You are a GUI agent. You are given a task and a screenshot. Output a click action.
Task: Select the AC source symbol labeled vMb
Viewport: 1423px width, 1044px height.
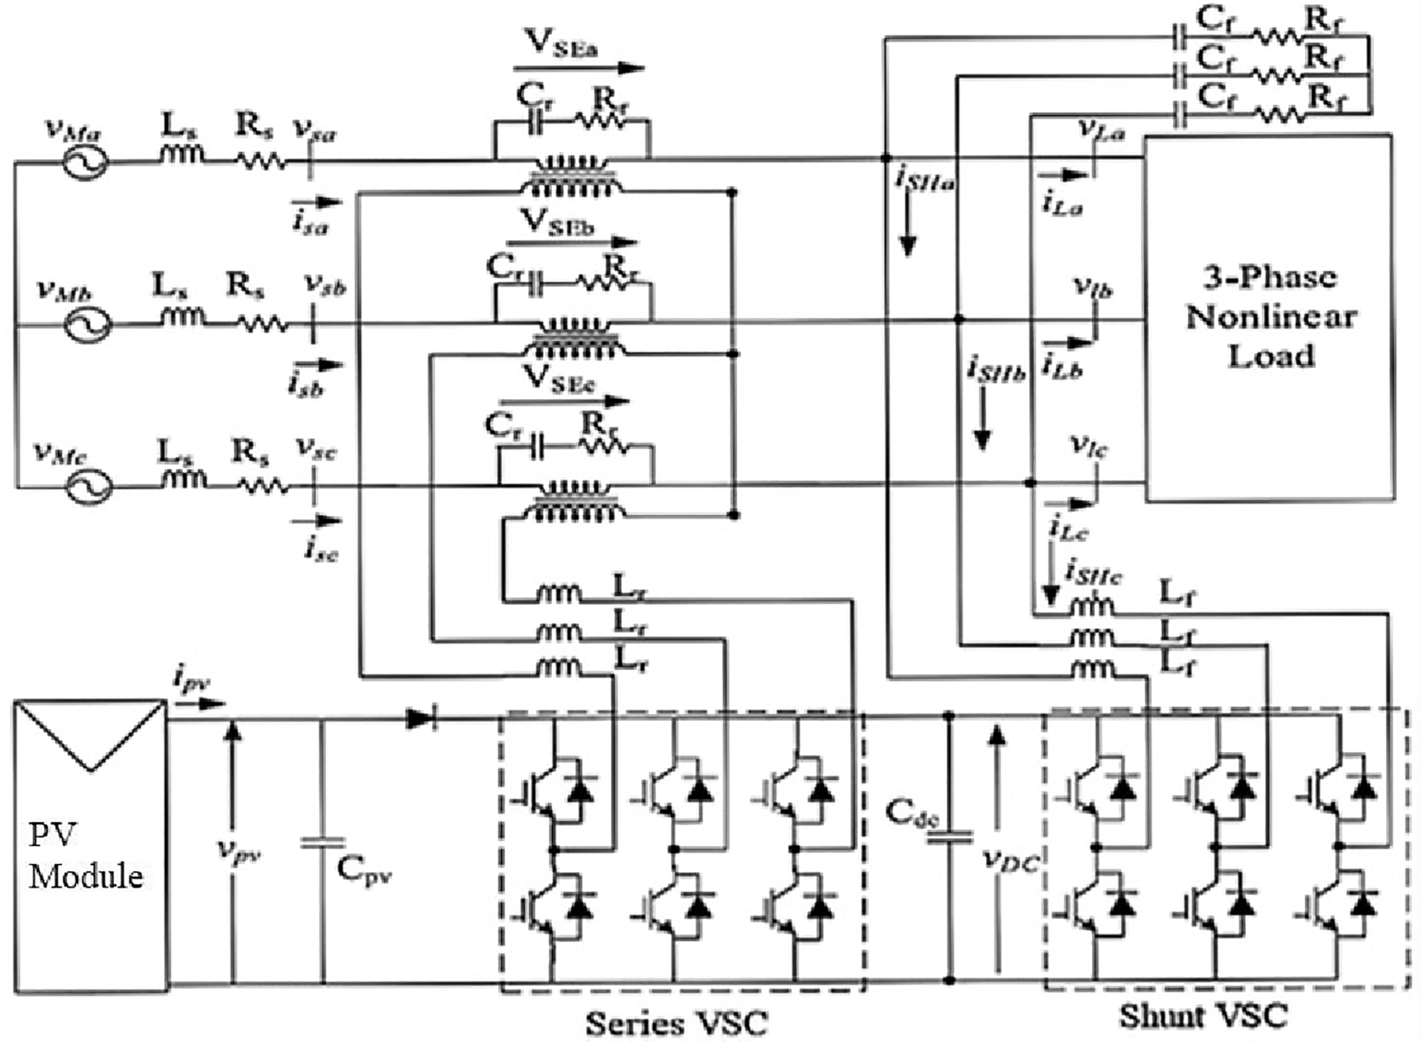pos(87,326)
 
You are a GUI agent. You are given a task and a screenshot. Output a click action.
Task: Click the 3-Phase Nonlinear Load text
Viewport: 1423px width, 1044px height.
pos(1270,316)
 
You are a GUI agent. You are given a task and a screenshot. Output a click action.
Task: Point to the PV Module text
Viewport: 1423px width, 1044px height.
pos(85,856)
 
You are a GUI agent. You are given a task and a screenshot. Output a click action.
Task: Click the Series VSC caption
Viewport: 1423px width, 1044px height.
pos(677,1023)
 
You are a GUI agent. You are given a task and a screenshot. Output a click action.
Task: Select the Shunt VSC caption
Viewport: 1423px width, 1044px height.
pos(1203,1015)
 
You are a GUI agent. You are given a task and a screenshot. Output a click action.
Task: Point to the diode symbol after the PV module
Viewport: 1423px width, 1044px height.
pos(421,717)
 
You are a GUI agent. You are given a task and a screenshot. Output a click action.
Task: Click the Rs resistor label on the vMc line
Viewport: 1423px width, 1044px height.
pos(250,451)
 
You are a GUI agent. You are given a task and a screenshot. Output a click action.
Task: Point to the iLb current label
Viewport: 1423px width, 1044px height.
pos(1062,366)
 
